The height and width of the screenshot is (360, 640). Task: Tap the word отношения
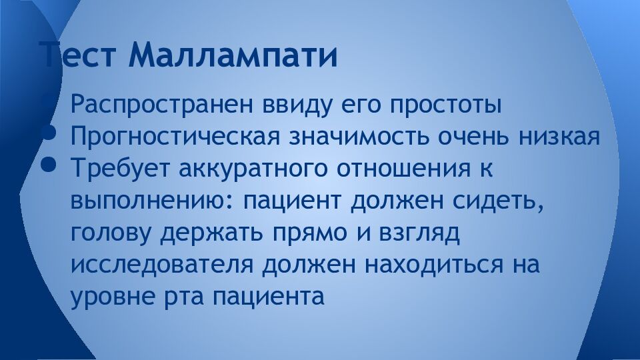pyautogui.click(x=399, y=168)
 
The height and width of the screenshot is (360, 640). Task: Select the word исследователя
pyautogui.click(x=161, y=264)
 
